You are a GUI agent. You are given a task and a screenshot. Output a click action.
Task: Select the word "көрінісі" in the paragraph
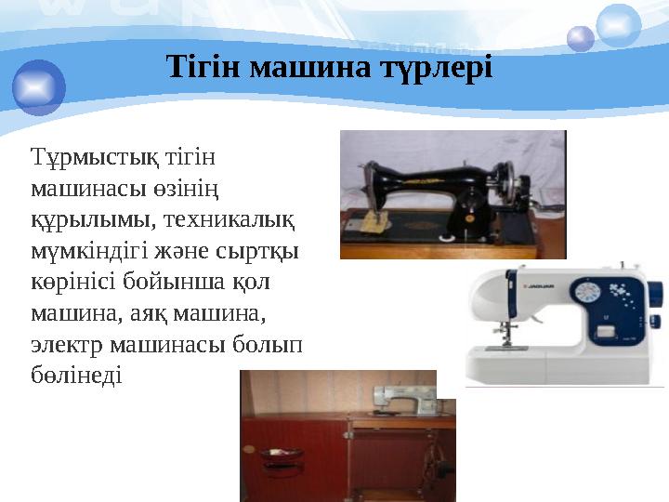[x=70, y=282]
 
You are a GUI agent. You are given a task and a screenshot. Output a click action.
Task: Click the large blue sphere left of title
[x=38, y=86]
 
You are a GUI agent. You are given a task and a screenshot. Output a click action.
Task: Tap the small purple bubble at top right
[x=581, y=38]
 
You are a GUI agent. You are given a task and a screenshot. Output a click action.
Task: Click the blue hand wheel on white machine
[x=654, y=297]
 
